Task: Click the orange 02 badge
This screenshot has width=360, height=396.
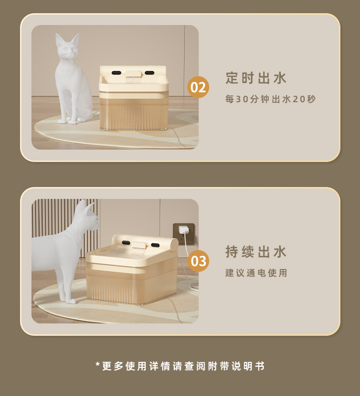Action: tap(198, 87)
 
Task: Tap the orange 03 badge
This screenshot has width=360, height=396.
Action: tap(198, 261)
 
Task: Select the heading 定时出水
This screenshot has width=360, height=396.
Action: tap(256, 78)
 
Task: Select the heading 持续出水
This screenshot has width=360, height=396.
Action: tap(256, 251)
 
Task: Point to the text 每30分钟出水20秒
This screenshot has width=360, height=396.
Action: tap(271, 99)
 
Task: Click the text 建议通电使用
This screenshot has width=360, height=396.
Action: tap(256, 273)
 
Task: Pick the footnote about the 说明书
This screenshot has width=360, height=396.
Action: tap(180, 366)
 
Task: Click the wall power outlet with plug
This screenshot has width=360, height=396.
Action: tap(183, 232)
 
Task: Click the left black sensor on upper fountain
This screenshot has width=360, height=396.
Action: tap(116, 73)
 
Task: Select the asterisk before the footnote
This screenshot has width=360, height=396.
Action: tap(98, 365)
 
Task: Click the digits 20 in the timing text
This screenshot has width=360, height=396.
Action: tap(298, 99)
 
